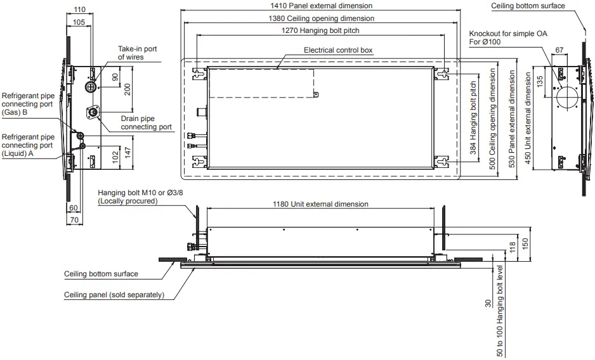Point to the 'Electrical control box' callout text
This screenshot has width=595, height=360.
tap(338, 49)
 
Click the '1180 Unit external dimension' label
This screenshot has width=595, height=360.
tap(320, 204)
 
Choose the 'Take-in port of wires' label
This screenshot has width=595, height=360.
tap(138, 53)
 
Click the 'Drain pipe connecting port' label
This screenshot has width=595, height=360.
tap(146, 122)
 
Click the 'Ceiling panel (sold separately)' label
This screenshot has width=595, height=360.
tap(114, 295)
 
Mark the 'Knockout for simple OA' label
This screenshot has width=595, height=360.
tap(508, 33)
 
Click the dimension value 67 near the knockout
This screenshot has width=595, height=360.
tap(559, 49)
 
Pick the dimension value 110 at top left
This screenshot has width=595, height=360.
tap(79, 10)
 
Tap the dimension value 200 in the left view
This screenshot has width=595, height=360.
tap(128, 89)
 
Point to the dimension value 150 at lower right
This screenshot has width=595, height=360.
tap(525, 244)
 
